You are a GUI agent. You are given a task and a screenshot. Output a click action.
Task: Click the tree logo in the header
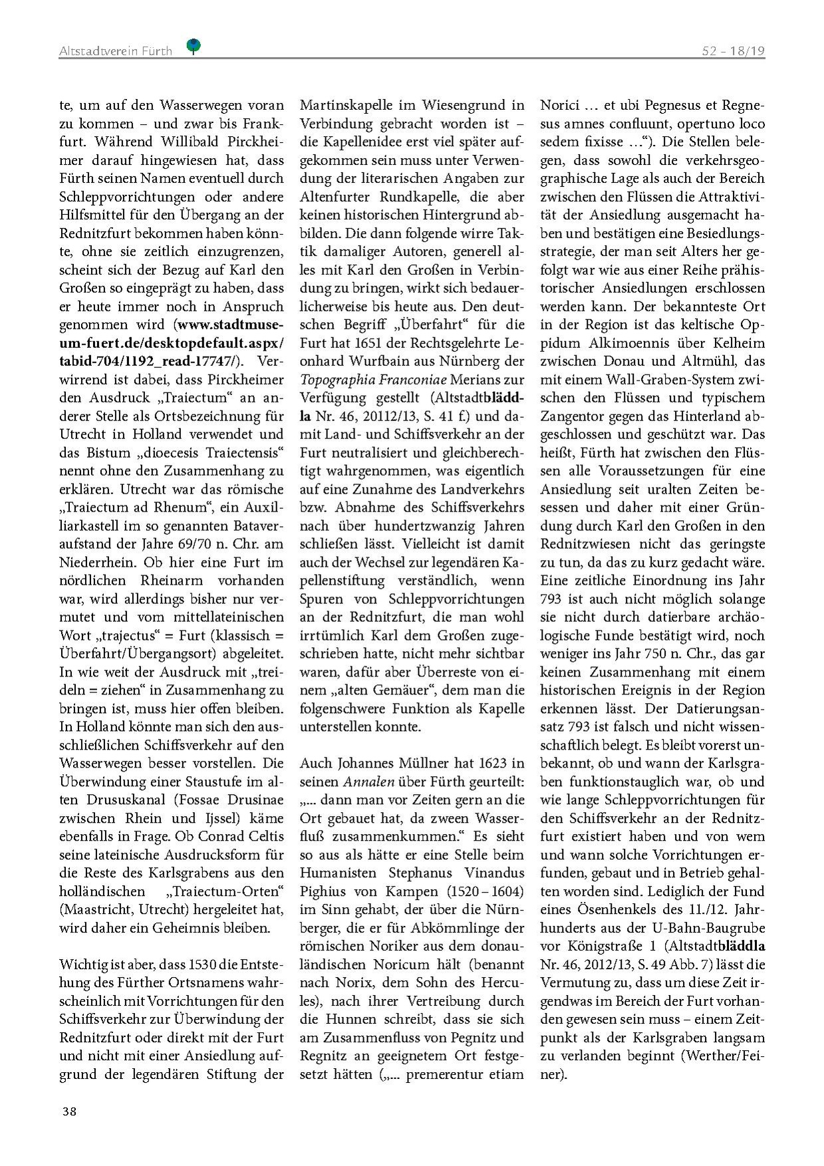coord(194,46)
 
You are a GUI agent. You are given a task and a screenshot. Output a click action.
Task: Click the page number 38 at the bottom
coord(69,1111)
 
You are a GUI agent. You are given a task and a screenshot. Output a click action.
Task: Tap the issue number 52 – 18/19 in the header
coord(733,51)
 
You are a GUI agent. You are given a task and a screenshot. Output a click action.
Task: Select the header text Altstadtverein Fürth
coord(116,51)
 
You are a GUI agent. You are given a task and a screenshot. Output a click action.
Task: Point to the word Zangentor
coord(573,416)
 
